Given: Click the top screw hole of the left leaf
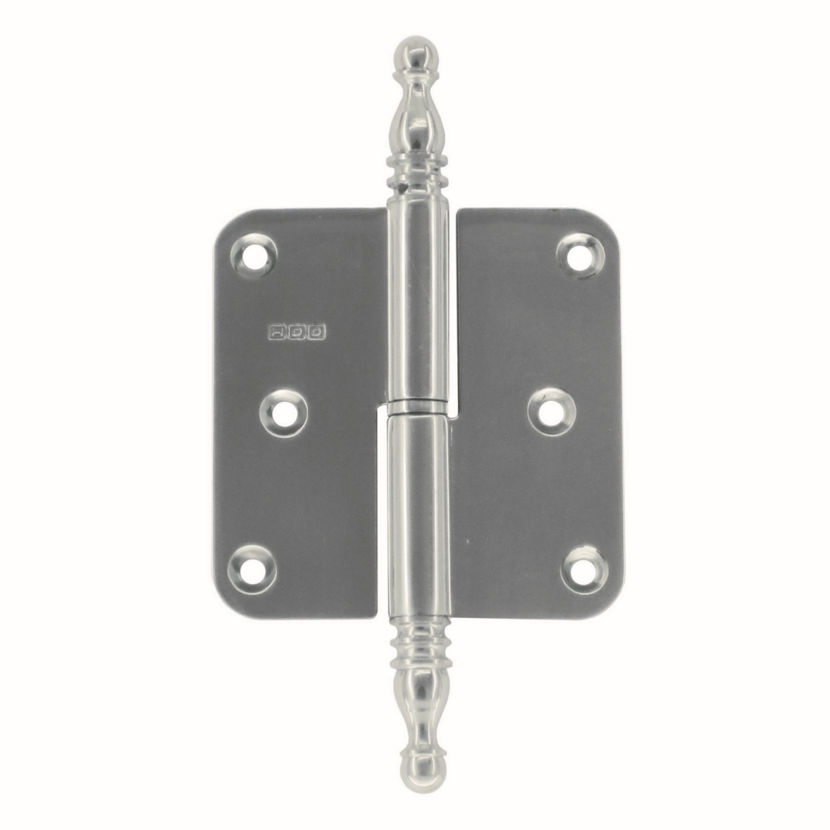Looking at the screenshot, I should [254, 254].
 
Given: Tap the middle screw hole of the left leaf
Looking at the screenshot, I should [284, 413].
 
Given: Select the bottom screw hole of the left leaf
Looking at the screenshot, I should [251, 569].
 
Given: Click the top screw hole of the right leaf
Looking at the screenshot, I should [580, 254].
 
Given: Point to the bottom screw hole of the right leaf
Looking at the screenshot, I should [584, 569].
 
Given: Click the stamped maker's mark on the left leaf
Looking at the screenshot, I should [297, 332].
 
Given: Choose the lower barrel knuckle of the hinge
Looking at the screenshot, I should [418, 507].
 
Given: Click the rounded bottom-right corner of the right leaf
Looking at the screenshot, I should [612, 607].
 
